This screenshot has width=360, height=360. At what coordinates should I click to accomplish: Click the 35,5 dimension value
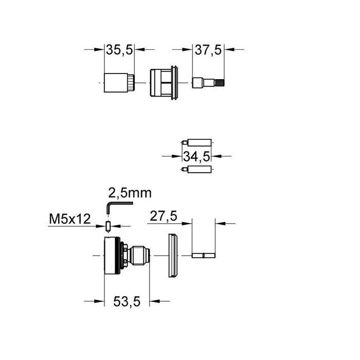coord(119,50)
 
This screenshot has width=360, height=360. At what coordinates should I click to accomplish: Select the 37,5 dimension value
coord(208,50)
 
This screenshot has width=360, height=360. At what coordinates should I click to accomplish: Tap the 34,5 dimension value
coord(196,157)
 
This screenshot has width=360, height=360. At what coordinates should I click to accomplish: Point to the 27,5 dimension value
coord(164,216)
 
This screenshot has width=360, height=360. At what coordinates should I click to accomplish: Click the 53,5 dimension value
coord(127,301)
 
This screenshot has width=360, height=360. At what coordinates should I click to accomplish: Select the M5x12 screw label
coord(70,219)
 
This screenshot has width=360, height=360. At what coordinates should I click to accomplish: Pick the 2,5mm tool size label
coord(130,193)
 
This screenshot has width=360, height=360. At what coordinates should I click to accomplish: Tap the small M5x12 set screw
coord(108,226)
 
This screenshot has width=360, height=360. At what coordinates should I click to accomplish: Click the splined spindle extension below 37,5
coord(208,83)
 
